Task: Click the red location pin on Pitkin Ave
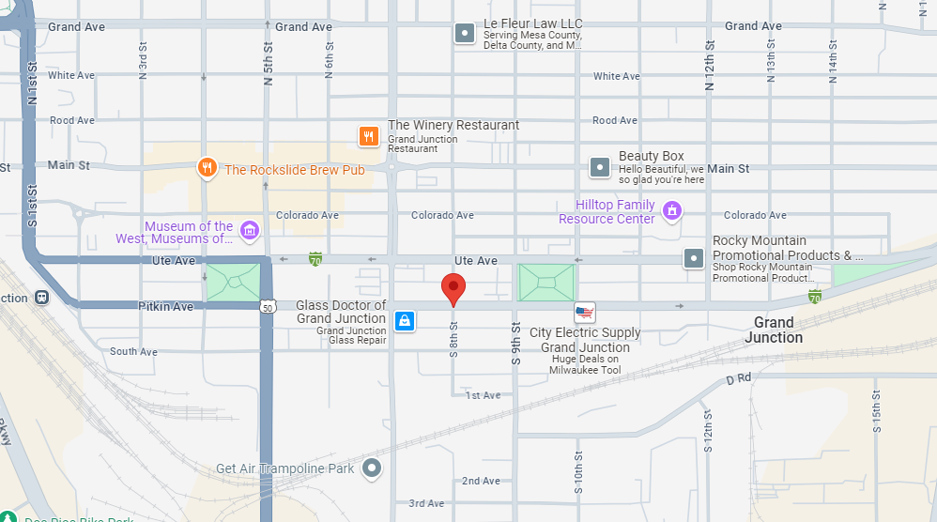click(453, 289)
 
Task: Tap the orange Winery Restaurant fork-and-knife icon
click(369, 136)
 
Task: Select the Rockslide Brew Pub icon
click(207, 169)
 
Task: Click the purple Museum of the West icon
click(249, 230)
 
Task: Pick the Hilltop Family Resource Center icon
click(671, 210)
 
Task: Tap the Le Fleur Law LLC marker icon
click(465, 34)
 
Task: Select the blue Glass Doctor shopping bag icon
click(404, 320)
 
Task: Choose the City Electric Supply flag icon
click(585, 313)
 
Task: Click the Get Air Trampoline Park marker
click(373, 467)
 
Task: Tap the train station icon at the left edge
click(41, 298)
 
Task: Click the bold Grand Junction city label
click(774, 330)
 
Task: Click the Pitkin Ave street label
click(165, 307)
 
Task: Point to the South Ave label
click(133, 352)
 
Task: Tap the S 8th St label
click(453, 339)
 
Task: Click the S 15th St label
click(876, 409)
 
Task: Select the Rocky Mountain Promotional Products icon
click(694, 256)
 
